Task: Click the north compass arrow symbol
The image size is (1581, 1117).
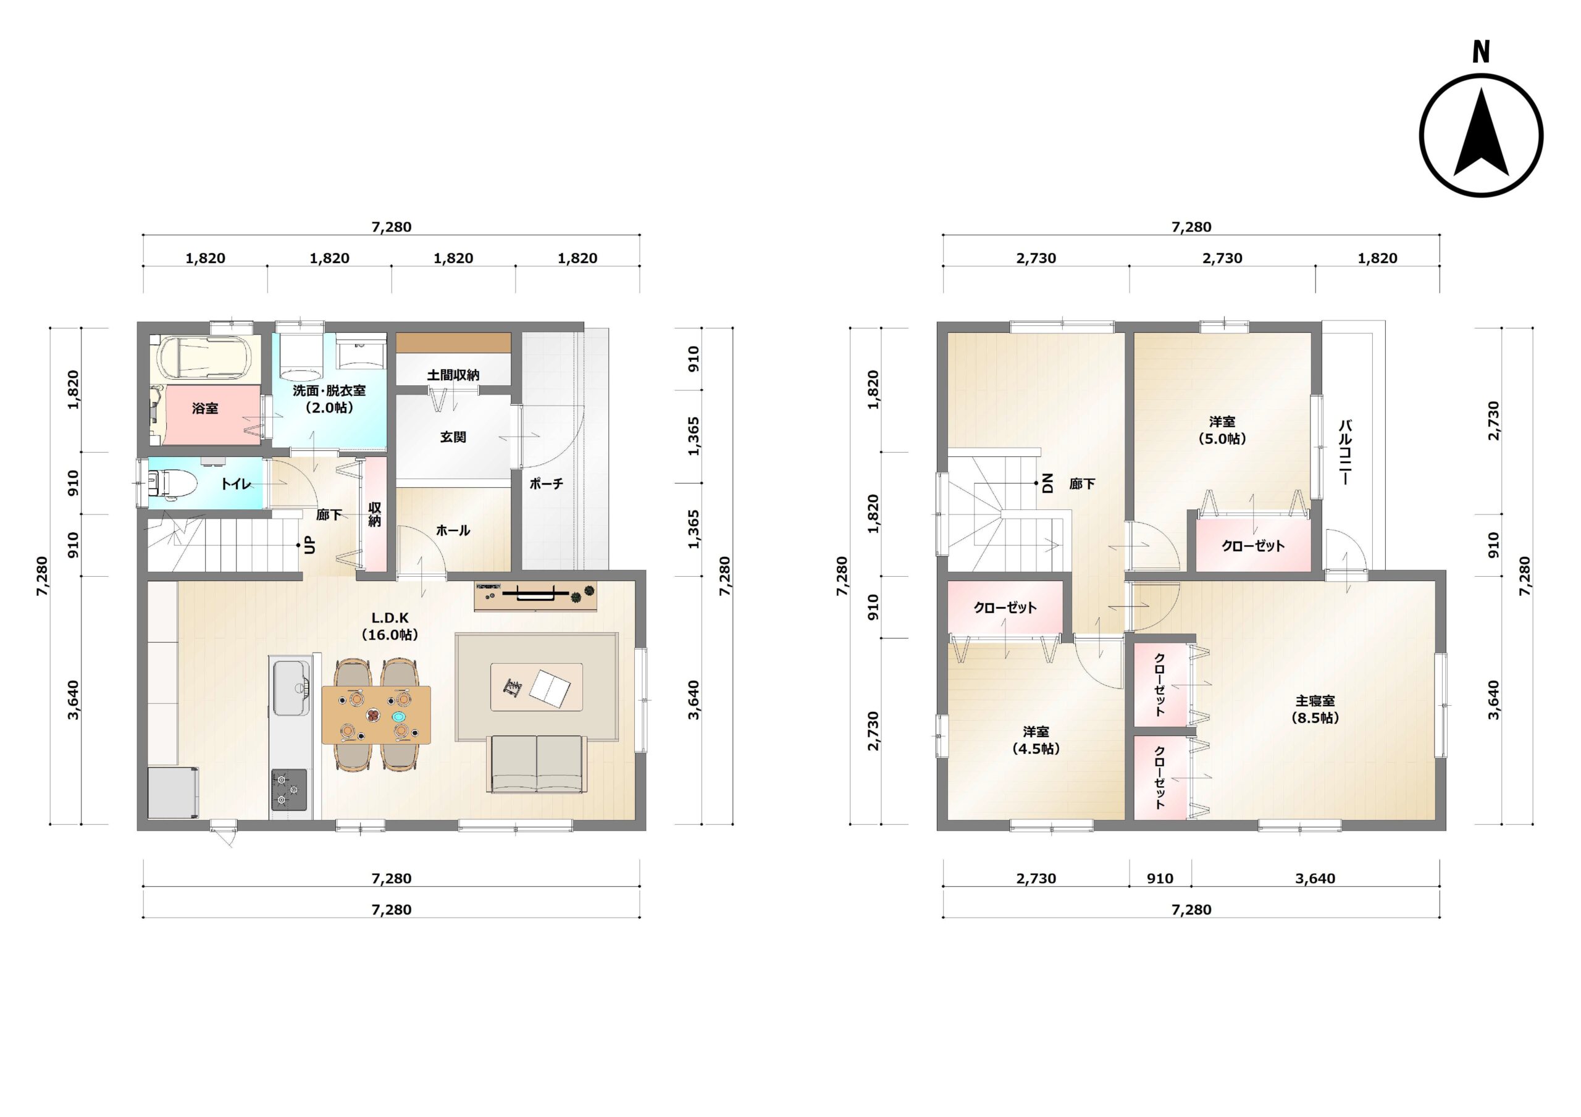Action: [1480, 144]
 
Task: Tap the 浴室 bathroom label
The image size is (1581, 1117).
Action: [205, 408]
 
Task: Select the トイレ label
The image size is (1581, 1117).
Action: [235, 484]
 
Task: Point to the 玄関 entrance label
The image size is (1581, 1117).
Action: [453, 437]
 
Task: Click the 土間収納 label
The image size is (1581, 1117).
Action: [453, 375]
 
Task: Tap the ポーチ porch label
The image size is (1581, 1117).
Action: [546, 483]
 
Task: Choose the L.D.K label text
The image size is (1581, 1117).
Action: [390, 617]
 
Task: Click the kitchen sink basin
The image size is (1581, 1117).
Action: [292, 687]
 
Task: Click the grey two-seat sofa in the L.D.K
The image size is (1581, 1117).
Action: [537, 764]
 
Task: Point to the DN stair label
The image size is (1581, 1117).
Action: [1048, 483]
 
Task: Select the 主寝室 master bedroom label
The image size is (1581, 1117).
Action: [1315, 700]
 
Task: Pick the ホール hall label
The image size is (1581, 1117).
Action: [453, 530]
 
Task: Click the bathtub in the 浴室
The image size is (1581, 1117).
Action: [204, 357]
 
